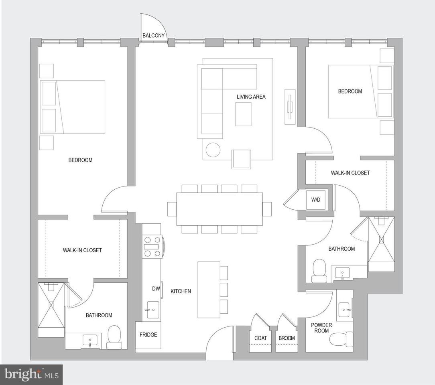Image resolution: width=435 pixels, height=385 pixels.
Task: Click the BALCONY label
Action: pos(153,35)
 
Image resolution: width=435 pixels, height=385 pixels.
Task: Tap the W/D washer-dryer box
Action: pos(316,200)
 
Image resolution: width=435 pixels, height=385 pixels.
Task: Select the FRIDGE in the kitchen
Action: pos(148,335)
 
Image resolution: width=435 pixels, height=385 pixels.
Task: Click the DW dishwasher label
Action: pos(156,288)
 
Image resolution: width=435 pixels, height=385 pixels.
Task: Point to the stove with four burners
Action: pos(152,246)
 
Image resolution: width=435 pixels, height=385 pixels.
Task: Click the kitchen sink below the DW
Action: pos(152,310)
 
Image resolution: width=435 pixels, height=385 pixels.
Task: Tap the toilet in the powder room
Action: pos(341,339)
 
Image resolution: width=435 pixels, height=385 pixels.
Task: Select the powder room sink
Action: pos(345,310)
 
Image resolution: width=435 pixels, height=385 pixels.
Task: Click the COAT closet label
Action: pos(260,338)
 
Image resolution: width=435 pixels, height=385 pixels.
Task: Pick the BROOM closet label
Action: pos(287,338)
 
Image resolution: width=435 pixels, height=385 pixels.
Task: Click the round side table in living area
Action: pos(213,150)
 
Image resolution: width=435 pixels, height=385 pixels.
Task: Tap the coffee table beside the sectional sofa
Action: pos(243,114)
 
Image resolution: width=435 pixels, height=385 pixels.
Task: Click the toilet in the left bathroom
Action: pos(114,337)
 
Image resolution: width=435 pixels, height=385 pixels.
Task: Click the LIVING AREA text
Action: pos(251,97)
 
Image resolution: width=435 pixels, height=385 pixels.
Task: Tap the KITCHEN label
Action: pos(181,291)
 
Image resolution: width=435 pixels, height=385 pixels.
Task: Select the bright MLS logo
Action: pos(31,375)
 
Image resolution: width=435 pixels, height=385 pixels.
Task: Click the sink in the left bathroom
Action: pos(90,340)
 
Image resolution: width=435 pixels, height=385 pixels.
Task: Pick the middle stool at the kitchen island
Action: pos(224,290)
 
